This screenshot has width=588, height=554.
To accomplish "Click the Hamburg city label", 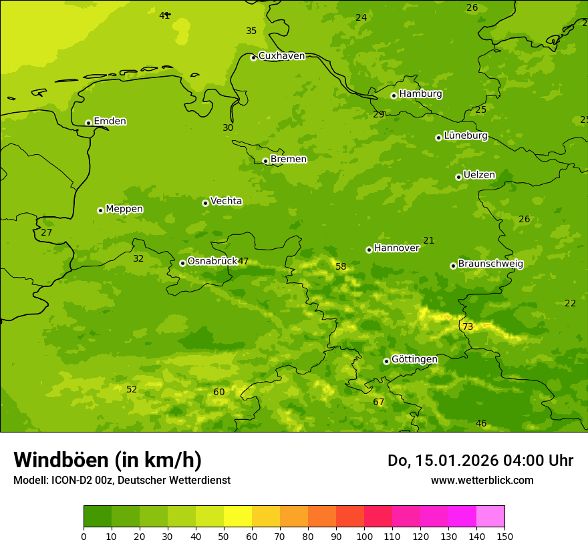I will click(420, 94).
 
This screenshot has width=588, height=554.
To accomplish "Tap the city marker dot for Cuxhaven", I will click(253, 58).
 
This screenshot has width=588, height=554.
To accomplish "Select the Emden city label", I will click(110, 121).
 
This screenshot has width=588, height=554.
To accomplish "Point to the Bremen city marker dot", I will click(265, 161).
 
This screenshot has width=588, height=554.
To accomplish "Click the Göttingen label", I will click(414, 360).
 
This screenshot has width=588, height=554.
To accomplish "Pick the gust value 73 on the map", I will click(468, 327).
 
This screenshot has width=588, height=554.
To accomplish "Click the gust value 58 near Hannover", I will click(341, 267).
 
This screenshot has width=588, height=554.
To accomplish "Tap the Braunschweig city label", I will click(490, 264).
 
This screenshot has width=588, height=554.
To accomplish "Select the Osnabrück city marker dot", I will click(182, 263).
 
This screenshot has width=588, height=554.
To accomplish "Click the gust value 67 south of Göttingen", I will click(379, 402).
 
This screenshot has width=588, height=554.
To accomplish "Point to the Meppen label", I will click(124, 209).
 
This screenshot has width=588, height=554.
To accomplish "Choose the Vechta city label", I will click(226, 201).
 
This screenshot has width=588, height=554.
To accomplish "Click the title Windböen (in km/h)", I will click(108, 461).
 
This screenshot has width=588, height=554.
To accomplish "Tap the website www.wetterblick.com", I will click(482, 481).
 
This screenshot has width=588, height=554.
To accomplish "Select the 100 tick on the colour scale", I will click(364, 536).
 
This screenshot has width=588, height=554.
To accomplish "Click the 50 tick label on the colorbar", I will click(224, 536).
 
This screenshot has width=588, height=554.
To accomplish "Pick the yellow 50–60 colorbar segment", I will click(238, 517).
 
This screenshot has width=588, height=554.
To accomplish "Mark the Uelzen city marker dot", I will click(458, 177).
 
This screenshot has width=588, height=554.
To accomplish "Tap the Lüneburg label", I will click(465, 135).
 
